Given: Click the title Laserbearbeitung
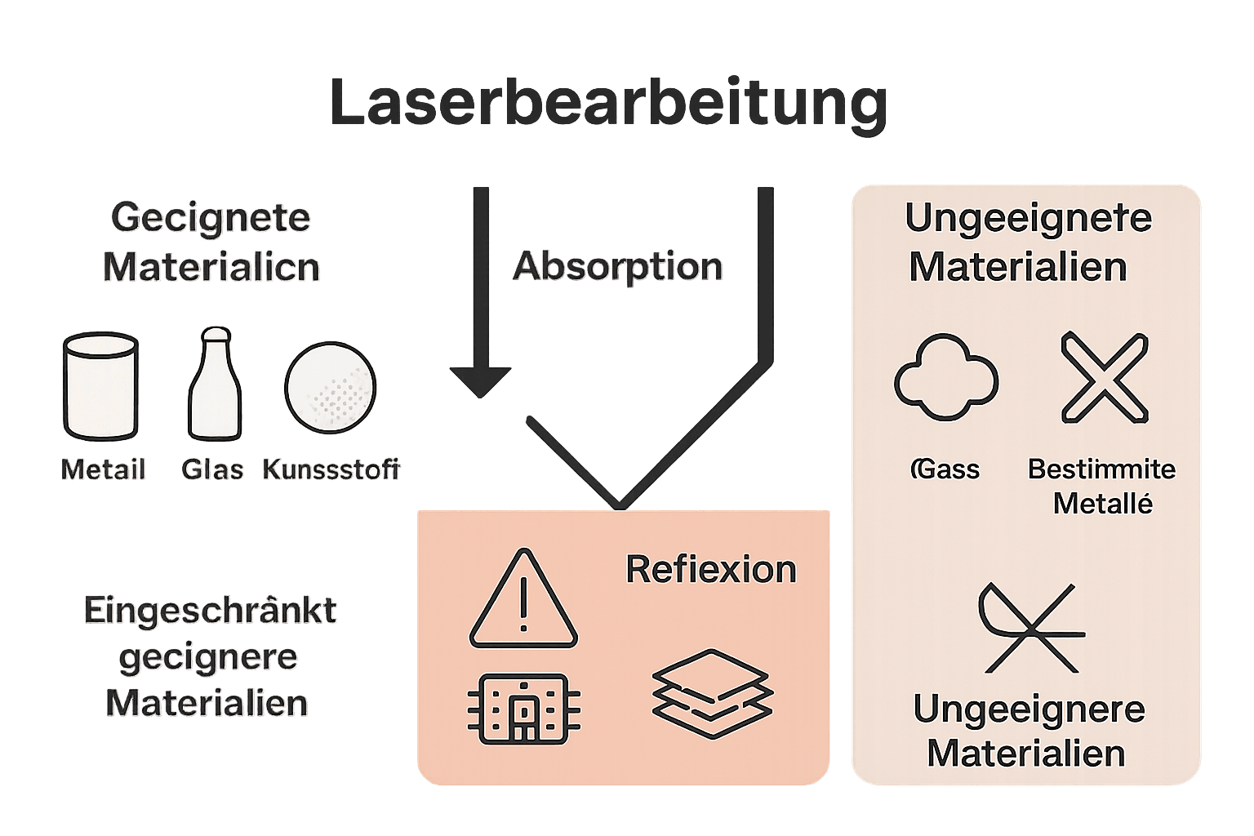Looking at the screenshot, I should click(608, 104).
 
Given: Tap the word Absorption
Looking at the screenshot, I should click(618, 267).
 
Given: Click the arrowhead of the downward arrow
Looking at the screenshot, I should click(481, 381).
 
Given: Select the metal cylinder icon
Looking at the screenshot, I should click(100, 386).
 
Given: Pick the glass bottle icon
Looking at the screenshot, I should click(216, 385).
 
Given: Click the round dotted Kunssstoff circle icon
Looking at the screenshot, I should click(331, 388).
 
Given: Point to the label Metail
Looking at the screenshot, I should click(104, 470).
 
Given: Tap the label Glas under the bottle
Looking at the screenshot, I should click(213, 470).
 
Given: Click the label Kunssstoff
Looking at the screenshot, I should click(331, 470).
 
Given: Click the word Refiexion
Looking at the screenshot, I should click(710, 570).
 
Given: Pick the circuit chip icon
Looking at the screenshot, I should click(524, 708).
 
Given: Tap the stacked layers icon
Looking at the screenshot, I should click(712, 694).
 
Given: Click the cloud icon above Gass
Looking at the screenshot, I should click(946, 377).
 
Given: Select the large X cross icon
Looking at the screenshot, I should click(1105, 377).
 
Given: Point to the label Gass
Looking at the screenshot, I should click(945, 469).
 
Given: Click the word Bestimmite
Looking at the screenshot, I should click(1101, 469).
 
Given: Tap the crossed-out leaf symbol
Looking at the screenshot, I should click(1030, 627).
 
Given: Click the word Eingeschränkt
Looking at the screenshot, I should click(210, 611).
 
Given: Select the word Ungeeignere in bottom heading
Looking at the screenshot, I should click(1029, 709).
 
